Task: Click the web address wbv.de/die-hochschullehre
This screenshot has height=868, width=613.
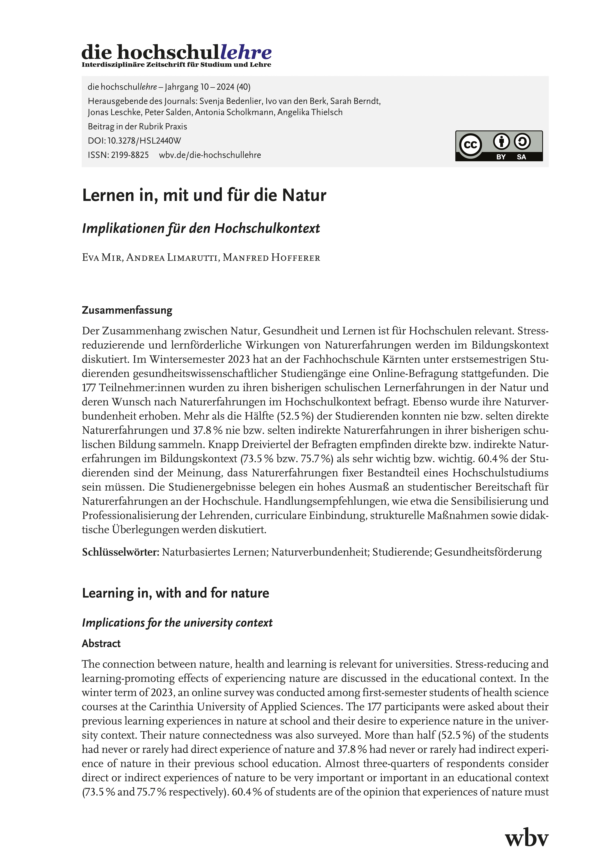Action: (x=210, y=155)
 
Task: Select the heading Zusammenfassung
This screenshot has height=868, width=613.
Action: (x=127, y=310)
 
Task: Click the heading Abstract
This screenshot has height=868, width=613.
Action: (x=101, y=643)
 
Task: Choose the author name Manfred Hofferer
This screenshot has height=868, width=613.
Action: (x=271, y=258)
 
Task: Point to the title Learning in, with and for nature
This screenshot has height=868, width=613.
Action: (x=175, y=593)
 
